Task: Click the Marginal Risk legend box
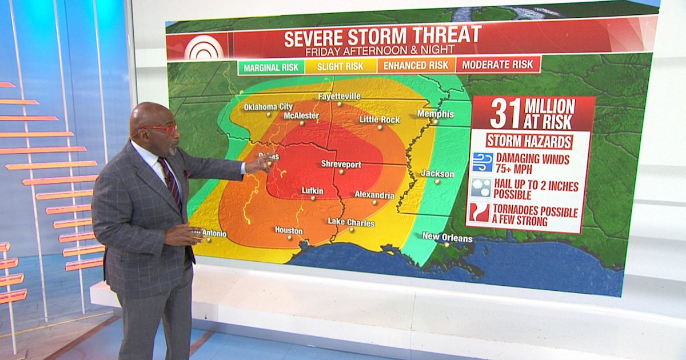pyautogui.click(x=271, y=67)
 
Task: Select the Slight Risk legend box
pyautogui.click(x=340, y=66)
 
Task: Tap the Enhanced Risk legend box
pyautogui.click(x=416, y=65)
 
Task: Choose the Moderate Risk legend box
pyautogui.click(x=497, y=64)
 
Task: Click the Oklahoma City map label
pyautogui.click(x=268, y=107)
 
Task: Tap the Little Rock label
pyautogui.click(x=379, y=119)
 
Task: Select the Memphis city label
pyautogui.click(x=435, y=114)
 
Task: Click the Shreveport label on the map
pyautogui.click(x=341, y=165)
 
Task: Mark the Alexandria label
pyautogui.click(x=374, y=195)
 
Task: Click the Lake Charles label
pyautogui.click(x=351, y=222)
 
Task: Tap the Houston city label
pyautogui.click(x=289, y=231)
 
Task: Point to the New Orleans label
pyautogui.click(x=447, y=237)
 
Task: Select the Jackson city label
pyautogui.click(x=437, y=174)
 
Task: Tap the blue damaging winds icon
pyautogui.click(x=482, y=162)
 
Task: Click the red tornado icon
pyautogui.click(x=480, y=213)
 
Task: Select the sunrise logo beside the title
pyautogui.click(x=204, y=47)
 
